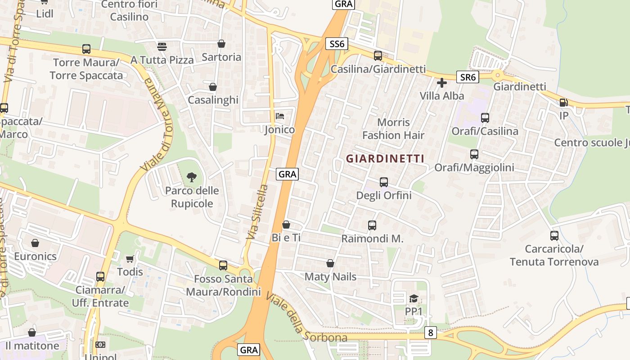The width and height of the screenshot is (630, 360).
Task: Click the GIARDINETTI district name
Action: tap(385, 158)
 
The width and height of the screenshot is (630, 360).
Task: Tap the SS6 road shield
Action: tap(337, 44)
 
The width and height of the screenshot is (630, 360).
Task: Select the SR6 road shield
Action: tap(468, 77)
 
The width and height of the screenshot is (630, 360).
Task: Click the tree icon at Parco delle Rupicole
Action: tap(191, 177)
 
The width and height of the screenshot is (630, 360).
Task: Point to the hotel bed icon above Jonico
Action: tap(280, 116)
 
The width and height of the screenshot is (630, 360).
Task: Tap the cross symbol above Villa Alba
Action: tap(441, 82)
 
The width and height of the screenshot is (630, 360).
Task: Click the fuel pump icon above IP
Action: tap(563, 102)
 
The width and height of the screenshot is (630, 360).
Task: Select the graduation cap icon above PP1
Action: tap(413, 298)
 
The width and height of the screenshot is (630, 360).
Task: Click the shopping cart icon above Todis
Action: tap(130, 259)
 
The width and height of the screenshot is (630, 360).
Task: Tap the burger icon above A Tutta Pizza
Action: tap(162, 46)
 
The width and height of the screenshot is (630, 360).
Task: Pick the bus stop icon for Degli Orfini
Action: tap(383, 182)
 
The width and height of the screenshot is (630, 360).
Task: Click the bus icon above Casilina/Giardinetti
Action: tap(378, 56)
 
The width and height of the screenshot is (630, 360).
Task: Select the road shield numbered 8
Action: tap(431, 333)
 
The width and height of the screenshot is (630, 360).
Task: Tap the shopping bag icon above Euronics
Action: tap(35, 243)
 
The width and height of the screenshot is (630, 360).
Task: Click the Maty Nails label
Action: tap(330, 276)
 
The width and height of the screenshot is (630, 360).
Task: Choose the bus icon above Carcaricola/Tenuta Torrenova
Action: tap(554, 235)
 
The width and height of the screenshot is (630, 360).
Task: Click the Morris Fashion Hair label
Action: tap(393, 129)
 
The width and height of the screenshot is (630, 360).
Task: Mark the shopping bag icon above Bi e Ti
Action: tap(286, 224)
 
